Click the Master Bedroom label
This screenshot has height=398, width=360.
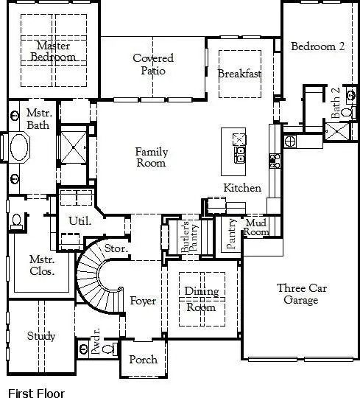[x=53, y=52]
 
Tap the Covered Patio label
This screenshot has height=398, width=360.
[x=153, y=64]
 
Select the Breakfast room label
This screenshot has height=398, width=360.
[x=240, y=74]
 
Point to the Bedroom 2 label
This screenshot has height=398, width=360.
[x=317, y=46]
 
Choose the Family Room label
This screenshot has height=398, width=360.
[x=152, y=158]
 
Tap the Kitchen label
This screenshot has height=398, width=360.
[x=242, y=188]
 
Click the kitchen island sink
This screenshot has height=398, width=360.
[x=239, y=154]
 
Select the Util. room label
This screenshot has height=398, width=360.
[x=80, y=220]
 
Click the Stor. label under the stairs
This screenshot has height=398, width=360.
[x=116, y=249]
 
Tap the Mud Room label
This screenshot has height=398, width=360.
[x=256, y=227]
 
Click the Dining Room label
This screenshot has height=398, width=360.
[x=200, y=299]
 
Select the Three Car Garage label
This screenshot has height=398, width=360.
[x=297, y=294]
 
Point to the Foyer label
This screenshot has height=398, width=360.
[x=143, y=301]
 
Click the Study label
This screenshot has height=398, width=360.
[x=41, y=336]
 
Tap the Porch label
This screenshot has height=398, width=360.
[x=143, y=360]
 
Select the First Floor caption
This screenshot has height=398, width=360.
[x=36, y=394]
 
